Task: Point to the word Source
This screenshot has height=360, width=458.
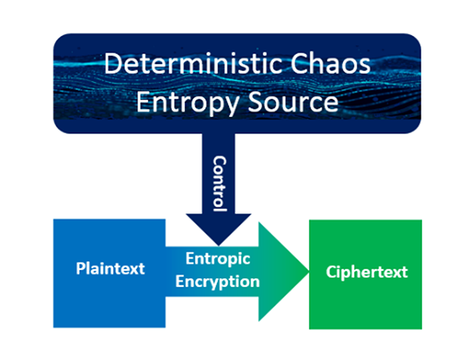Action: click(x=286, y=101)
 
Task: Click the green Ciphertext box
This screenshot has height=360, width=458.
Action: click(x=365, y=305)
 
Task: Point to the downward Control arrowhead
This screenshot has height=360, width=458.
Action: click(x=220, y=229)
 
